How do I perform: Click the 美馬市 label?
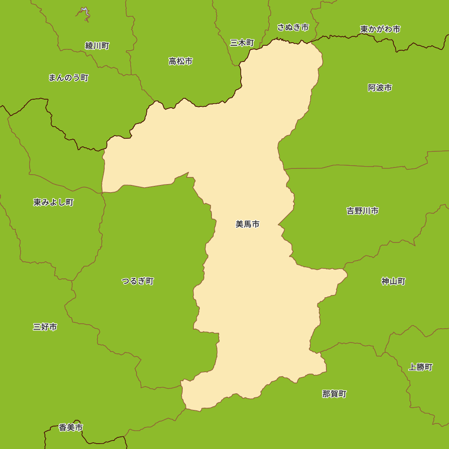coord(247,224)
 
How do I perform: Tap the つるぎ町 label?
coord(137,281)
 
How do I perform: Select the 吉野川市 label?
coord(362,211)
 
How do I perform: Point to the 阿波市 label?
coord(380,88)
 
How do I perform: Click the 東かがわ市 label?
coord(380,29)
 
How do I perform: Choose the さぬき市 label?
coord(293,27)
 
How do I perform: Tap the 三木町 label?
coord(242,43)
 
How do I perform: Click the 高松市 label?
coord(180,61)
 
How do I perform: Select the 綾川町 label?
coord(97,46)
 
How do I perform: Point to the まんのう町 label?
coord(68,78)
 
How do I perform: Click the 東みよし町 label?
coord(53,202)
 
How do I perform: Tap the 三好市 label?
coord(45,327)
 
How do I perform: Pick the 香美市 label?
coord(71,428)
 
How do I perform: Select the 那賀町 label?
coord(334,394)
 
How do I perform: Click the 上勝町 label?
coord(420,367)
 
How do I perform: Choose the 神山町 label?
coord(393,282)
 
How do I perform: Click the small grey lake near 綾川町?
coord(85,13)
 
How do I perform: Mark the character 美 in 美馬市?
coord(239,224)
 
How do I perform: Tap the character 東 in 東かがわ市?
coord(364,29)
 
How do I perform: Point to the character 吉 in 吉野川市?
coord(350,211)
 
